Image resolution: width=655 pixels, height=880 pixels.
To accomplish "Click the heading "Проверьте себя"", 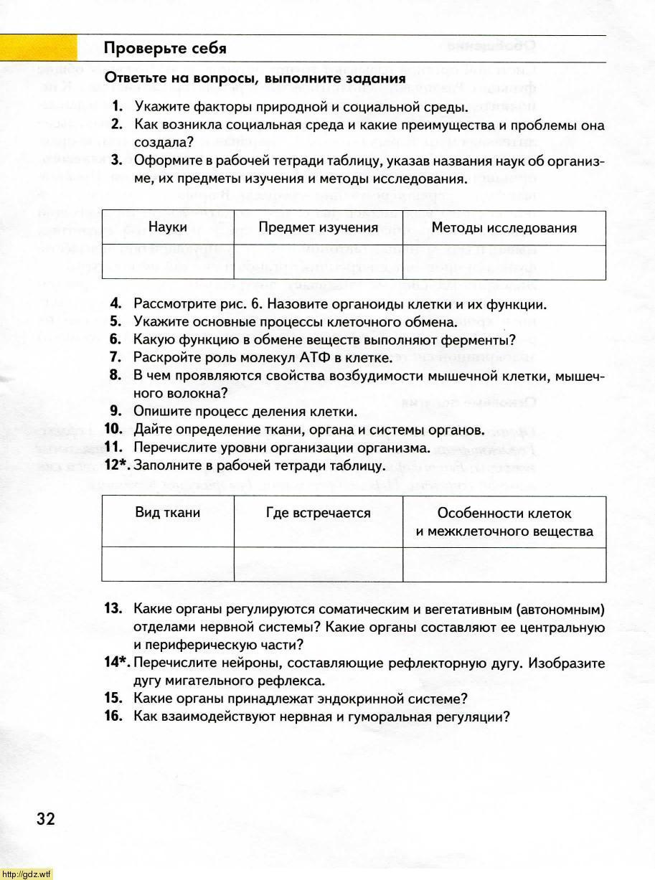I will (165, 49).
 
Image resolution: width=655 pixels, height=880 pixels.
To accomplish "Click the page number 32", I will (45, 819).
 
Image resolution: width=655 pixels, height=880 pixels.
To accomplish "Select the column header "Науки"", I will (168, 227).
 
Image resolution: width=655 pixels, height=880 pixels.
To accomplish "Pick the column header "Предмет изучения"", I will (318, 227).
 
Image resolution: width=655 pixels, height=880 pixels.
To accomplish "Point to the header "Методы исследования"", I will (504, 228).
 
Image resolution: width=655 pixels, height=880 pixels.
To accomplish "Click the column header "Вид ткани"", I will (168, 513).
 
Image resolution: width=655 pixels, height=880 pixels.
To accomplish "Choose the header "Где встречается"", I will (318, 513).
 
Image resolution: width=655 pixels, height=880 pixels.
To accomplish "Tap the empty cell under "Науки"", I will (168, 262).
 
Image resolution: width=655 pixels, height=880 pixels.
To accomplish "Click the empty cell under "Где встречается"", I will (318, 564).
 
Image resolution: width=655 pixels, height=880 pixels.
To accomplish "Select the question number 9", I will (116, 412).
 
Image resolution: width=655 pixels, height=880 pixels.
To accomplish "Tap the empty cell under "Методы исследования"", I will (504, 262).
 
